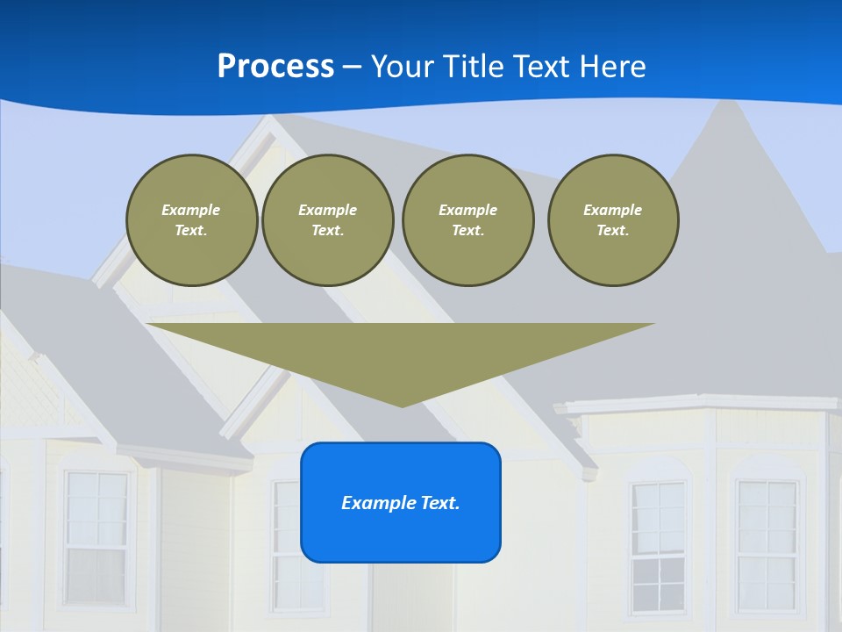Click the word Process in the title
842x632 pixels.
pos(275,67)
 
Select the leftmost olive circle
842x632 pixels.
pos(192,220)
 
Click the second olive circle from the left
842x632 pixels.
pos(328,220)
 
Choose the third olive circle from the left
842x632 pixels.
pos(468,220)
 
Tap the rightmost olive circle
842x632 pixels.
pos(613,220)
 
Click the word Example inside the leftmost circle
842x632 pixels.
pos(191,210)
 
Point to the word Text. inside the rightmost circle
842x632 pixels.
pos(613,231)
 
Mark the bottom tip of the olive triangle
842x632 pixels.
pos(402,406)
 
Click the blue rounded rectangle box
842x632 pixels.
pos(401,502)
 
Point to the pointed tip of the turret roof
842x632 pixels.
pos(726,103)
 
